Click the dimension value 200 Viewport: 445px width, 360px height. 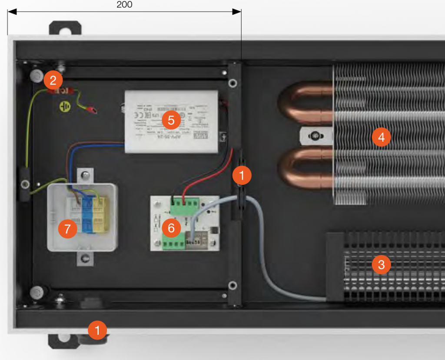[x=124, y=5]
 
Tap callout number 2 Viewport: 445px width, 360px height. [x=53, y=80]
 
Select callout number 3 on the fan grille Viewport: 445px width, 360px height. [x=381, y=264]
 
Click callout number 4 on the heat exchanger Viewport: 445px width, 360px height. [x=381, y=137]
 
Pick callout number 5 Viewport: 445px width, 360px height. [x=171, y=119]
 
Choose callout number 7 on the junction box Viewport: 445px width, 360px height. [x=67, y=229]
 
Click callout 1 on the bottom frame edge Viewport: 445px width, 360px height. [x=97, y=330]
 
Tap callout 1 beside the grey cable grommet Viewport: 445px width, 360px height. [x=242, y=175]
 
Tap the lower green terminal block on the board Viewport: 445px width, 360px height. [x=173, y=244]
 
